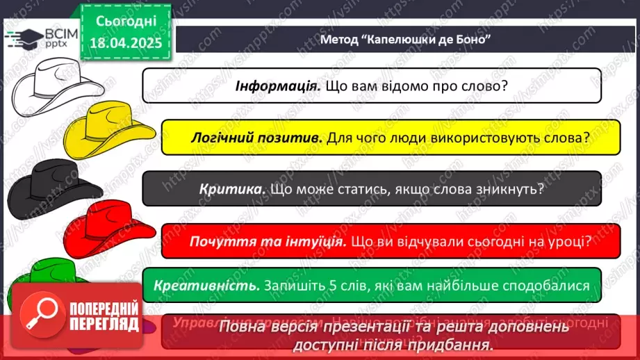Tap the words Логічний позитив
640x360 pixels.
point(256,138)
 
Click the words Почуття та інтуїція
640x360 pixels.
point(268,241)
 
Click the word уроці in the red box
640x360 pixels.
point(567,241)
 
